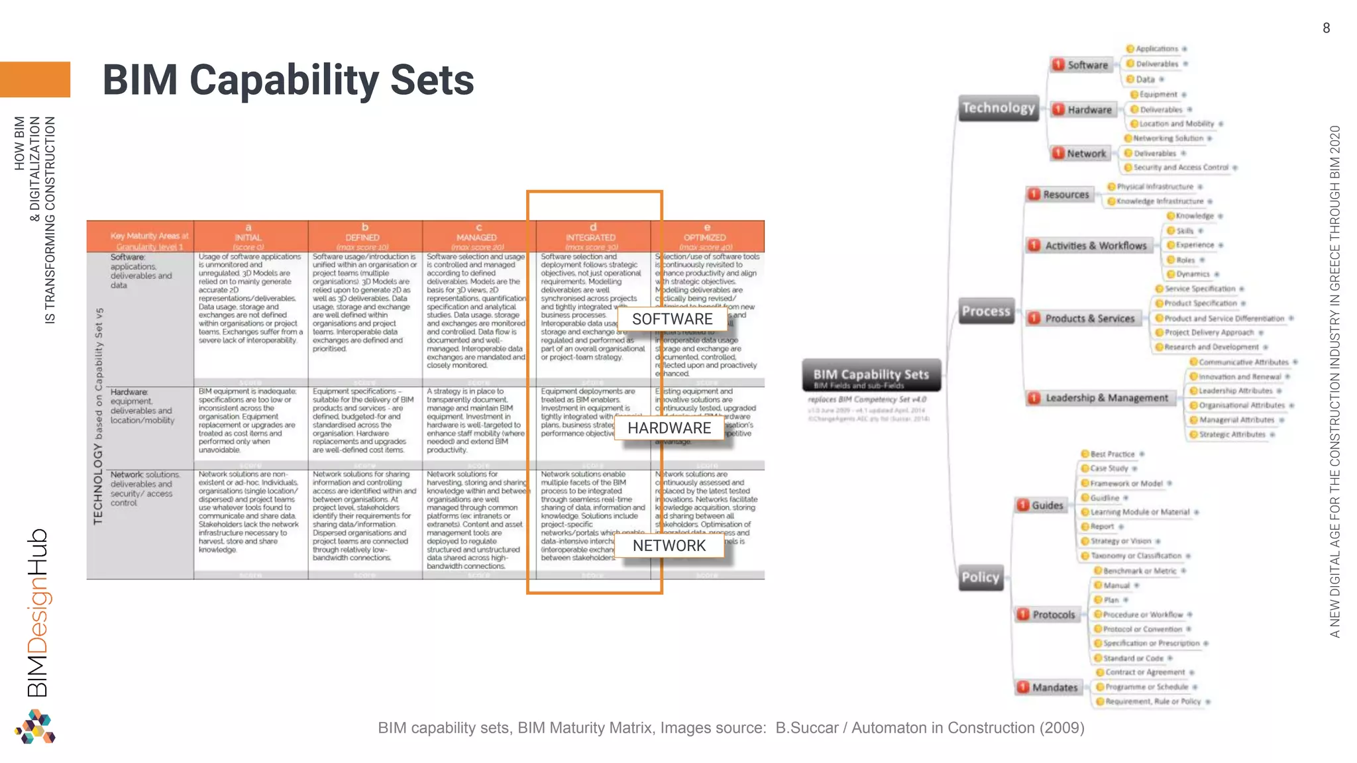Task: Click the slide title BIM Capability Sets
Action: (288, 80)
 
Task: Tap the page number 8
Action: (1326, 28)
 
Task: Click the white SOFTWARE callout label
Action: (672, 319)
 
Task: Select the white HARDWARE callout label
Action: (669, 429)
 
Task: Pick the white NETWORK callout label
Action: (669, 546)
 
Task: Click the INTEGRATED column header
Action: (591, 236)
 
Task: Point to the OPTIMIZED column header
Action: (706, 236)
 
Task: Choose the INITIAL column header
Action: (248, 236)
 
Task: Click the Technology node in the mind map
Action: (999, 108)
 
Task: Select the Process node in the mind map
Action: (986, 311)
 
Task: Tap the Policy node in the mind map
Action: (980, 577)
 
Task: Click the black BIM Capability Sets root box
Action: (871, 376)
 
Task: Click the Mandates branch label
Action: (1054, 687)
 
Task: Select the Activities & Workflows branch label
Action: (1095, 246)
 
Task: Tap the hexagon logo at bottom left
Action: (35, 727)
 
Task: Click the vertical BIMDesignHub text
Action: (38, 612)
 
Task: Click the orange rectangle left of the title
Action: (34, 79)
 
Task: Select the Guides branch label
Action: (1046, 505)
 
